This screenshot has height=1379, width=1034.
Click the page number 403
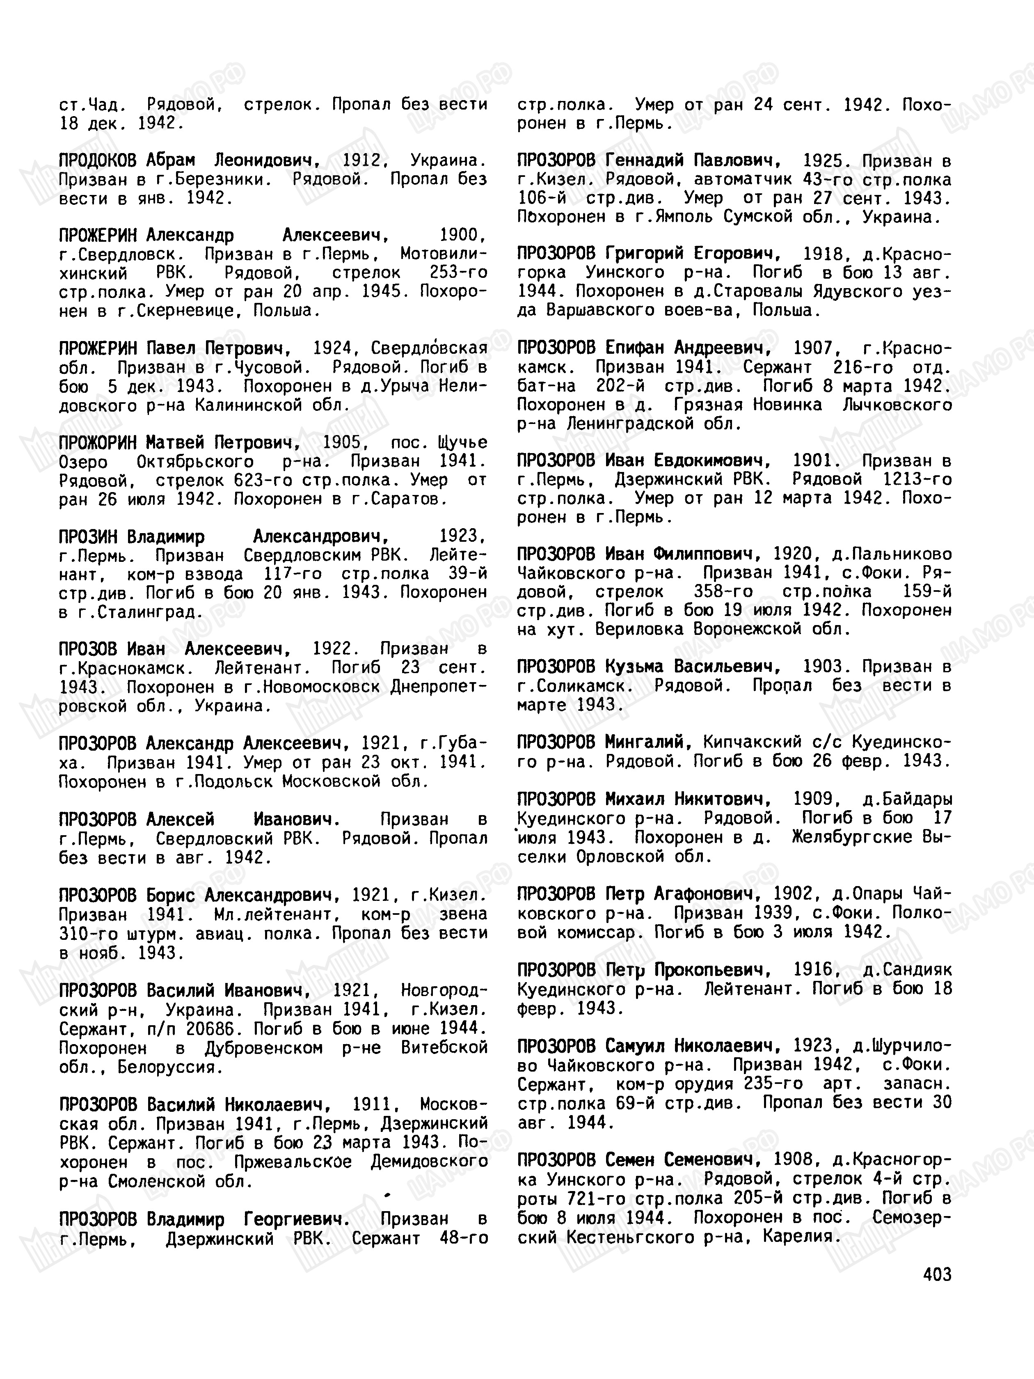(937, 1274)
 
